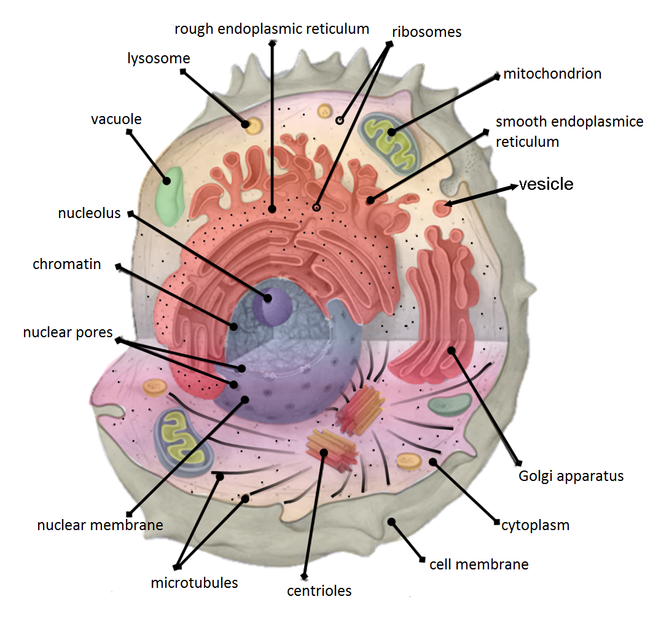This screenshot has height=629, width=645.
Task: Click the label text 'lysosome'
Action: (x=158, y=59)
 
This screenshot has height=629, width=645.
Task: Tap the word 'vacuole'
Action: (x=116, y=119)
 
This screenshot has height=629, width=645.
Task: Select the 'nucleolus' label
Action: (x=89, y=214)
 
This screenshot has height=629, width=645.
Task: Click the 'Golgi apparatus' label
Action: (x=571, y=476)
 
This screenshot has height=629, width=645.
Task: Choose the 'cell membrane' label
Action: (x=479, y=565)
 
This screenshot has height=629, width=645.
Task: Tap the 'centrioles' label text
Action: (x=319, y=591)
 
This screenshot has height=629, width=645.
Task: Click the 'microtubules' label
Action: (x=194, y=583)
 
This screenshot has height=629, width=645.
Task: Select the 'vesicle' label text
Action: (x=546, y=184)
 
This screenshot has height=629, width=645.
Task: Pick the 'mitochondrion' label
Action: (x=552, y=74)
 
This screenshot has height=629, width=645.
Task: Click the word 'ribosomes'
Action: (x=427, y=32)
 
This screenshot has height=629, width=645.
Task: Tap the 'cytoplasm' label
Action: (x=535, y=526)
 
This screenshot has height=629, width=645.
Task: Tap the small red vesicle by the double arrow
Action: (x=441, y=208)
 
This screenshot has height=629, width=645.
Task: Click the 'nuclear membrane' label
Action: (x=100, y=525)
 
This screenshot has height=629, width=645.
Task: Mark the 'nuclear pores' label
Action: (x=68, y=333)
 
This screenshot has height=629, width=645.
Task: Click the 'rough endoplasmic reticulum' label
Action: (x=272, y=29)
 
